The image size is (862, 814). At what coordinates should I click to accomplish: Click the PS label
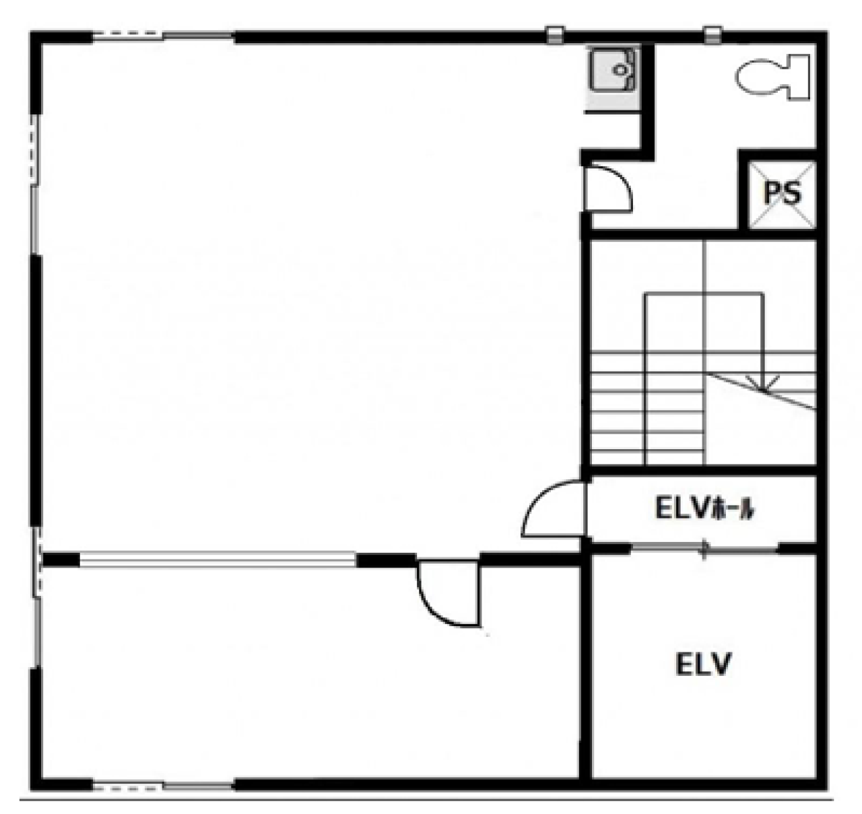(x=782, y=193)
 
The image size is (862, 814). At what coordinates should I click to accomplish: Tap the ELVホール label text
(x=704, y=510)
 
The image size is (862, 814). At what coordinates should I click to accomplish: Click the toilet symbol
(x=772, y=77)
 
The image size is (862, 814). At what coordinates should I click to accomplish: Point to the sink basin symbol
(x=614, y=70)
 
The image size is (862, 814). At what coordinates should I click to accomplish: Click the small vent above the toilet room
(x=712, y=35)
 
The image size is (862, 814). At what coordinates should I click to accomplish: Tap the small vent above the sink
(x=555, y=35)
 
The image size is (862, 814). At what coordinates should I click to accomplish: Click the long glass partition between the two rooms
(x=218, y=559)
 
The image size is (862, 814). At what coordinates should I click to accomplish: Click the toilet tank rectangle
(x=799, y=77)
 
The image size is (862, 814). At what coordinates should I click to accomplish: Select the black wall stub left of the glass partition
(x=61, y=559)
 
